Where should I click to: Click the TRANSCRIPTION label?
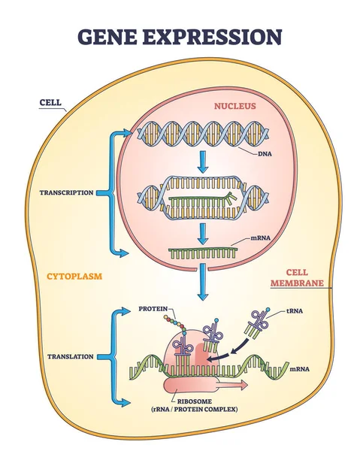coord(67,192)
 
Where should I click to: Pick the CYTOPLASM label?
coord(74,276)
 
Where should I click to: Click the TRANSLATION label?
coord(69,357)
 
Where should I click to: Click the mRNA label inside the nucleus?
coord(262,239)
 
